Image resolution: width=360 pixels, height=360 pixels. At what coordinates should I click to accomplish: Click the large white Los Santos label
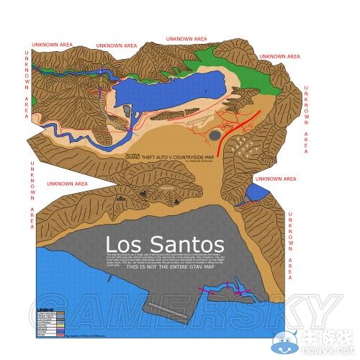click(164, 243)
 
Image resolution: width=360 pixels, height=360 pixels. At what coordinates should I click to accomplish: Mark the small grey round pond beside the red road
click(215, 135)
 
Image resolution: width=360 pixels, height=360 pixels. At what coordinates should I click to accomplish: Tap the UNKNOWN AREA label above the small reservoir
click(275, 178)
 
